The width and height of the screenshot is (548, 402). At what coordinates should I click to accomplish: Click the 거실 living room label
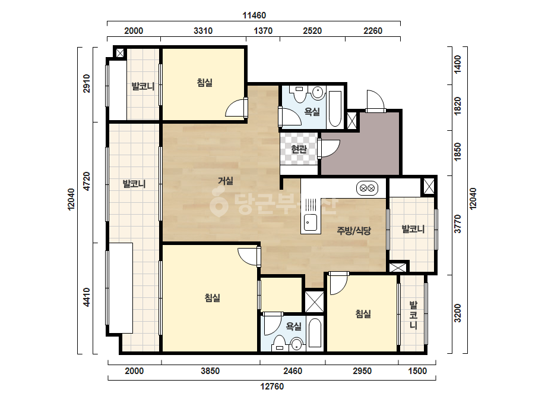click(x=226, y=181)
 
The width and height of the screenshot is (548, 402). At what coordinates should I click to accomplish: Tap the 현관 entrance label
click(x=299, y=149)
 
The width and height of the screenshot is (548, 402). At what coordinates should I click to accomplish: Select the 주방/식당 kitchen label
click(x=354, y=231)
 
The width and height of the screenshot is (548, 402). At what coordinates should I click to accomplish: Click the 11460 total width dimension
click(x=254, y=15)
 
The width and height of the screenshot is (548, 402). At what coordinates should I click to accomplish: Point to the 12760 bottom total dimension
click(x=272, y=387)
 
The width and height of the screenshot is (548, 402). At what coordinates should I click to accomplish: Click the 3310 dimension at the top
click(x=203, y=31)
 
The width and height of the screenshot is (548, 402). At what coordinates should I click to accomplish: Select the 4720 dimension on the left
click(x=86, y=181)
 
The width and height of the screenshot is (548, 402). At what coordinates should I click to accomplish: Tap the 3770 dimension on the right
click(x=458, y=224)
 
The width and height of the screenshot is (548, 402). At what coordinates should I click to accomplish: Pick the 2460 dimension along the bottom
click(x=293, y=371)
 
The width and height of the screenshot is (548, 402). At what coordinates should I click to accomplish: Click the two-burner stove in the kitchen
click(x=367, y=189)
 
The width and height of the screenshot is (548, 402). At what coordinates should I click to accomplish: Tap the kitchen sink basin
click(x=311, y=222)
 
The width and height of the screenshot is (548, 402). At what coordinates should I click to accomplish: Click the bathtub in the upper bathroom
click(x=335, y=109)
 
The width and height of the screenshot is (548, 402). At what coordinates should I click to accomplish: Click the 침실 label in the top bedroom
click(x=204, y=83)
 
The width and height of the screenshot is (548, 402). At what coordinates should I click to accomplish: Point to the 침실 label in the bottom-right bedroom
click(x=363, y=314)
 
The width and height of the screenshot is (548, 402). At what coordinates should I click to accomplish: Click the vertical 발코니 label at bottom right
click(x=413, y=315)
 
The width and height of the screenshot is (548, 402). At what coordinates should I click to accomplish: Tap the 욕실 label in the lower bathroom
click(x=293, y=326)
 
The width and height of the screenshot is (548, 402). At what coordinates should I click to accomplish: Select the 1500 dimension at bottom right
click(x=417, y=371)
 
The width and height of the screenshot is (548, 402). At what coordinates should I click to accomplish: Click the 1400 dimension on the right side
click(x=458, y=64)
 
